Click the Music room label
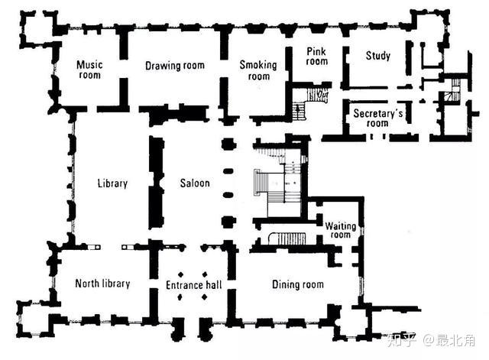point(89,70)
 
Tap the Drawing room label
point(175,66)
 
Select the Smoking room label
point(258,70)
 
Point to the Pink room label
point(317,56)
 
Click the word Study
point(378,56)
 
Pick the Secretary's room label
point(378,118)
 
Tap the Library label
point(112,183)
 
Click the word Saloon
point(195,183)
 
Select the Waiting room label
point(341,230)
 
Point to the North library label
point(102,284)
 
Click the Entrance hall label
point(194,285)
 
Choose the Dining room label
point(298,284)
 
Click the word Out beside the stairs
point(322,93)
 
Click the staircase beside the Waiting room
point(287,238)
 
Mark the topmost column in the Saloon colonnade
point(229,144)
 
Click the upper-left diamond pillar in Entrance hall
point(181,274)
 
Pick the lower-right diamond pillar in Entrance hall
point(205,297)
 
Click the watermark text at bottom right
point(431,340)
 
